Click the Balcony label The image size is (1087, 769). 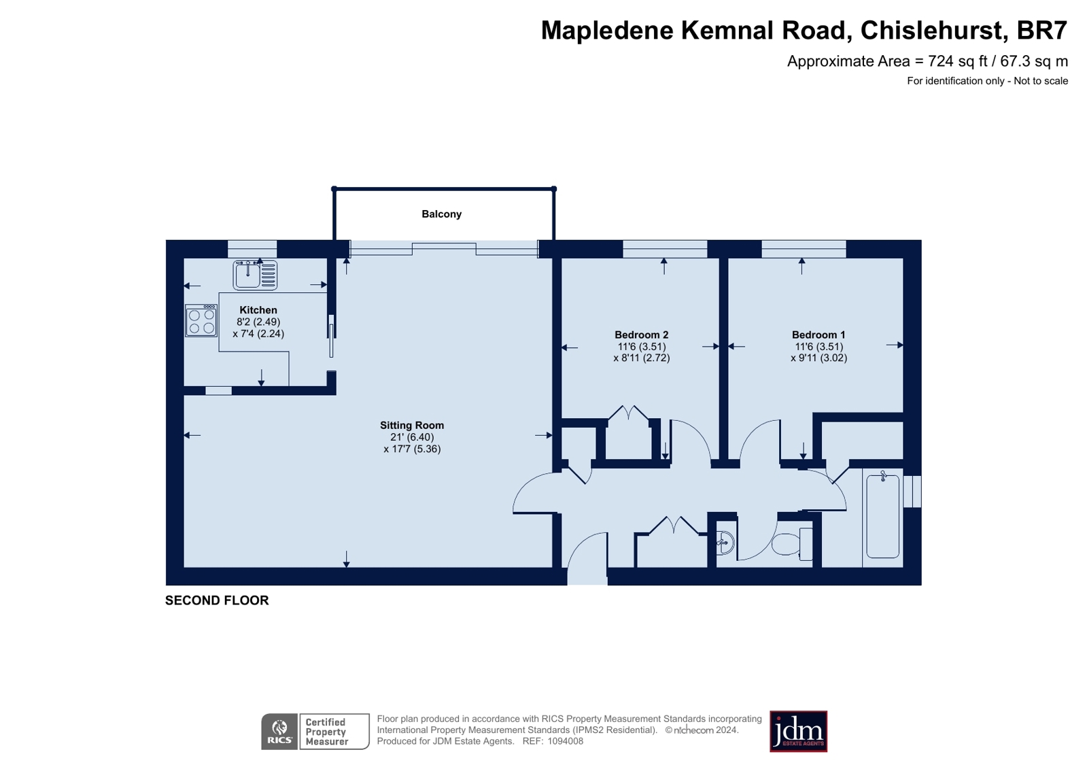[441, 214]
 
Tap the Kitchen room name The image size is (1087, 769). [258, 310]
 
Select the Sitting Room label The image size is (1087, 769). [411, 425]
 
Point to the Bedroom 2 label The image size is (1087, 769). [641, 335]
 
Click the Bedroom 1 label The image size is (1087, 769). [818, 335]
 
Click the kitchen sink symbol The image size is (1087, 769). [255, 275]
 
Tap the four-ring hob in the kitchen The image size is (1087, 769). [201, 320]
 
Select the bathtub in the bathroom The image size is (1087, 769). [882, 517]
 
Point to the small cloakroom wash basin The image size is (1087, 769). [725, 543]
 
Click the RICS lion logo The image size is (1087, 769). [279, 732]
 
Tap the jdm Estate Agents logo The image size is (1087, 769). [798, 732]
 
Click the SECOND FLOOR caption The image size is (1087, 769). [217, 600]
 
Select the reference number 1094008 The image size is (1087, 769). [566, 741]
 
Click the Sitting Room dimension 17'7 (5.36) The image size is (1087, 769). [412, 449]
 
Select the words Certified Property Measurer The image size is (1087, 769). [326, 732]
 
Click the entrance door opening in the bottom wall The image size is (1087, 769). [587, 577]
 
